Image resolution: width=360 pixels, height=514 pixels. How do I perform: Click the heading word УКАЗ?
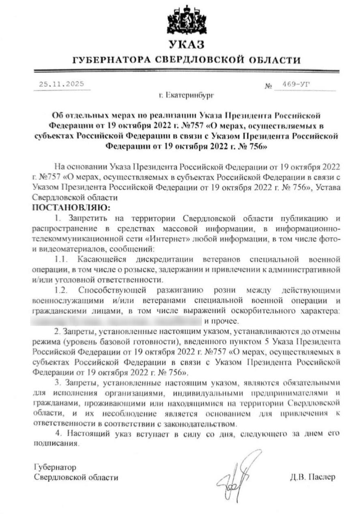(x=186, y=45)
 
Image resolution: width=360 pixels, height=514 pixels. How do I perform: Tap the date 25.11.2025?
(x=61, y=84)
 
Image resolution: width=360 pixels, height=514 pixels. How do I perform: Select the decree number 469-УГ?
(x=296, y=84)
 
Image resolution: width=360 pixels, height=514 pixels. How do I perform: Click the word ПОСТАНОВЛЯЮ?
(x=72, y=207)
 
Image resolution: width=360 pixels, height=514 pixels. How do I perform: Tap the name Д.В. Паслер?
(x=313, y=477)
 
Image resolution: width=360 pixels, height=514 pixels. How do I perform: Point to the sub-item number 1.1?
(x=61, y=259)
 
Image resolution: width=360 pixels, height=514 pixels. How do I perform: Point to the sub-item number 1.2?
(x=61, y=290)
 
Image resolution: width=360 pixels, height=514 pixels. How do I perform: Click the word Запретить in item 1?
(x=88, y=218)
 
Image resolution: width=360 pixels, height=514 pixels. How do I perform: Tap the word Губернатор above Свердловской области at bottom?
(x=55, y=467)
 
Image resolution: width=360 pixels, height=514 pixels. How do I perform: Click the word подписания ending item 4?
(x=56, y=444)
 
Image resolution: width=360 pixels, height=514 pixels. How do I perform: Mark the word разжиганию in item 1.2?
(x=180, y=290)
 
